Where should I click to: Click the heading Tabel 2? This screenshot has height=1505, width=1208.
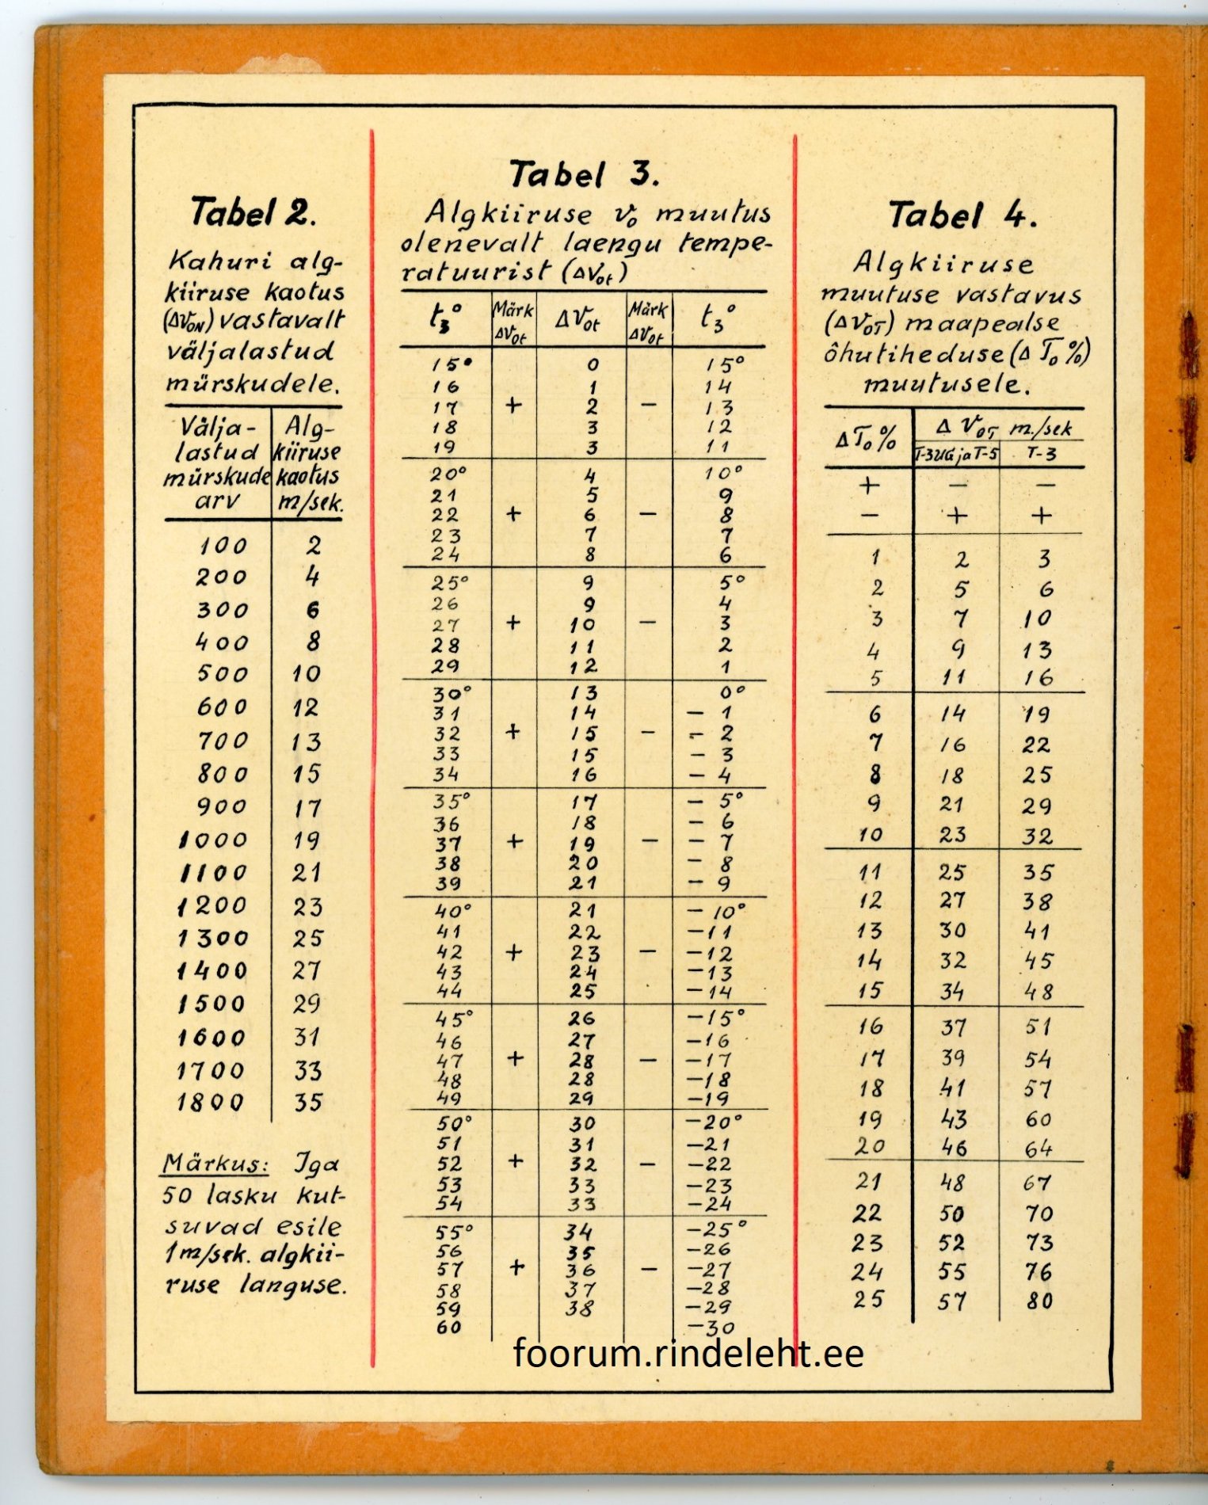tap(253, 213)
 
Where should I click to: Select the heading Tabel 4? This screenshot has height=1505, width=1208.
tap(962, 215)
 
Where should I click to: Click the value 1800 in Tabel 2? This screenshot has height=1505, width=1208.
tap(211, 1103)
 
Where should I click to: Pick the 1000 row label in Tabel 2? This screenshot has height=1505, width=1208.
tap(213, 840)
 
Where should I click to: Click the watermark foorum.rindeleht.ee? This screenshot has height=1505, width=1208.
tap(688, 1353)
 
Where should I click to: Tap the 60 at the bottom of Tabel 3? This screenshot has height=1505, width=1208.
tap(448, 1327)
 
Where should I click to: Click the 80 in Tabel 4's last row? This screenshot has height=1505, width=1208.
tap(1039, 1301)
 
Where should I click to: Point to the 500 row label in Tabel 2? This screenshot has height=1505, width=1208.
tap(222, 673)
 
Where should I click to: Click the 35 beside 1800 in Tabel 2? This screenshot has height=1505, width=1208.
tap(308, 1103)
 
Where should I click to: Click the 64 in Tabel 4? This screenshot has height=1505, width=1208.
tap(1038, 1148)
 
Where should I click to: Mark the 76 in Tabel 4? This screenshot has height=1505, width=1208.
tap(1038, 1272)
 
